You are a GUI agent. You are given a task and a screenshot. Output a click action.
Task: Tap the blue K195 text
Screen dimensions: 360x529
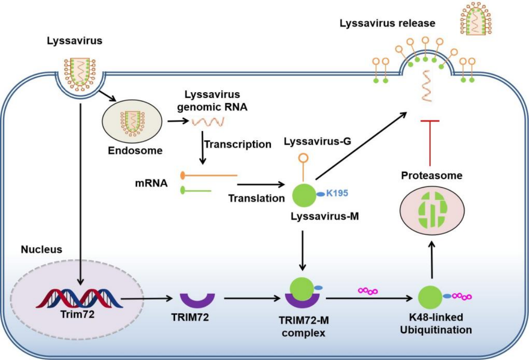(x=338, y=193)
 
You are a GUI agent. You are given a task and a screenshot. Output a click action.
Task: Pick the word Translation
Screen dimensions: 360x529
(x=256, y=198)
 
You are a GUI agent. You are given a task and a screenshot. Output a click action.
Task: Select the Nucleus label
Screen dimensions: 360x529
(x=41, y=250)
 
